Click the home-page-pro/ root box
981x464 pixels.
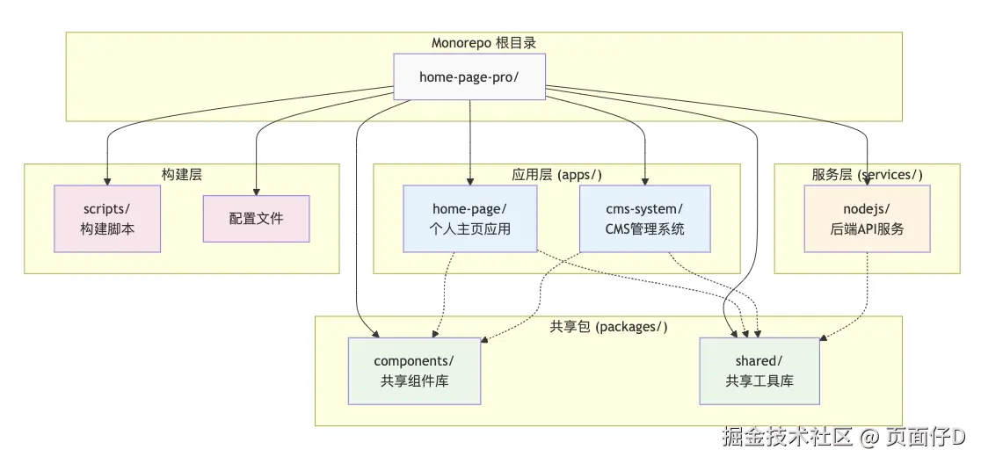(469, 76)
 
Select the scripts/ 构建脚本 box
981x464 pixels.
(107, 218)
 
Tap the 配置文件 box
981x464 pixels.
(256, 218)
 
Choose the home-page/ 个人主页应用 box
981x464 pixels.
(469, 218)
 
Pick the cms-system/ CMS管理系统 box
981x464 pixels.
(644, 218)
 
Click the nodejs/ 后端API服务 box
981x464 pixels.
(867, 218)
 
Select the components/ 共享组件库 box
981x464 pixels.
(414, 371)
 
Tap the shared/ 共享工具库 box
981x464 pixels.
(759, 371)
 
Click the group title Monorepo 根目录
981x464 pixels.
(483, 42)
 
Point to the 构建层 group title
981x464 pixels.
(181, 174)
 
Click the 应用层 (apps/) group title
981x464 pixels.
(556, 174)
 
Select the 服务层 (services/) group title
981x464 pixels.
(867, 174)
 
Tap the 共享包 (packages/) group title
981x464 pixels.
(608, 327)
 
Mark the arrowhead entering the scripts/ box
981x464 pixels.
(107, 180)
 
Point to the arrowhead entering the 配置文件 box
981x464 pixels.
(256, 190)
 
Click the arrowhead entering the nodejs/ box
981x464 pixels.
(867, 180)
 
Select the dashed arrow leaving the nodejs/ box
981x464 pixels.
(867, 290)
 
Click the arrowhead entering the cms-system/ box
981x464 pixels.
(644, 180)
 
